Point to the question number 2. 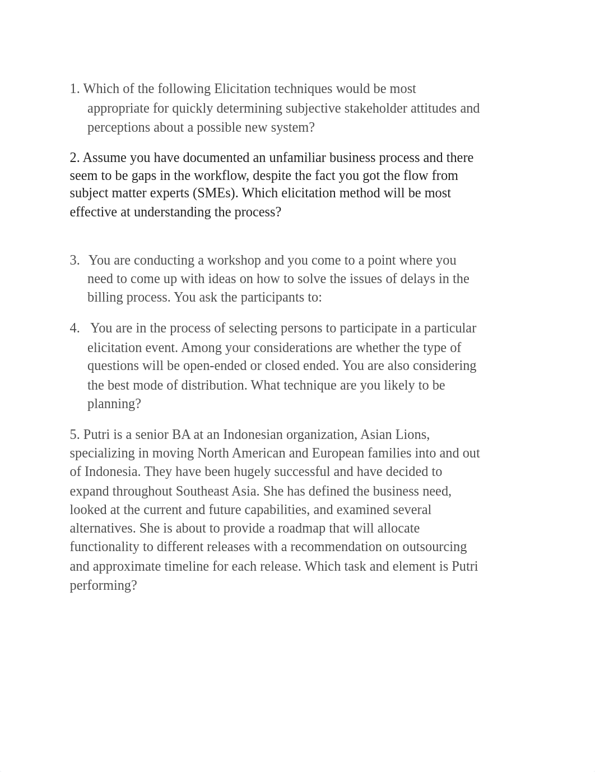click(x=74, y=158)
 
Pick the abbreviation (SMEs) click(x=215, y=193)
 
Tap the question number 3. click(x=75, y=261)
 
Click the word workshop click(x=234, y=261)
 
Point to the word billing click(x=105, y=298)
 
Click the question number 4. click(x=75, y=329)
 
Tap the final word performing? click(x=103, y=586)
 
